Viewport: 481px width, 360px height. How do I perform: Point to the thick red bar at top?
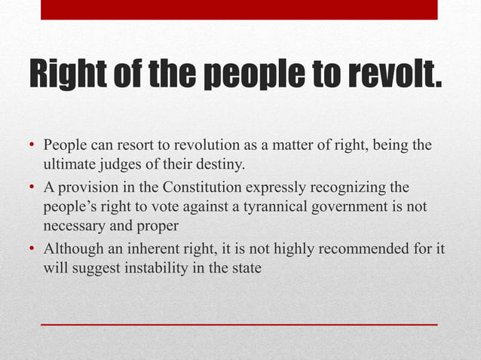click(238, 10)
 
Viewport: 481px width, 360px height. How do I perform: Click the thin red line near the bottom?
click(238, 325)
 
